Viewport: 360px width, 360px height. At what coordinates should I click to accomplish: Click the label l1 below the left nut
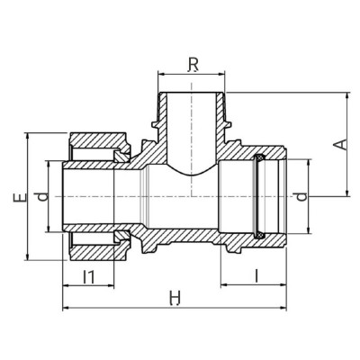[89, 276]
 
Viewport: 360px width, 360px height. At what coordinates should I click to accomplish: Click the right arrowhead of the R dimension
[229, 75]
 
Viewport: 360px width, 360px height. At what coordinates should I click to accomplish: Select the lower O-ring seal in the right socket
[261, 233]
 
